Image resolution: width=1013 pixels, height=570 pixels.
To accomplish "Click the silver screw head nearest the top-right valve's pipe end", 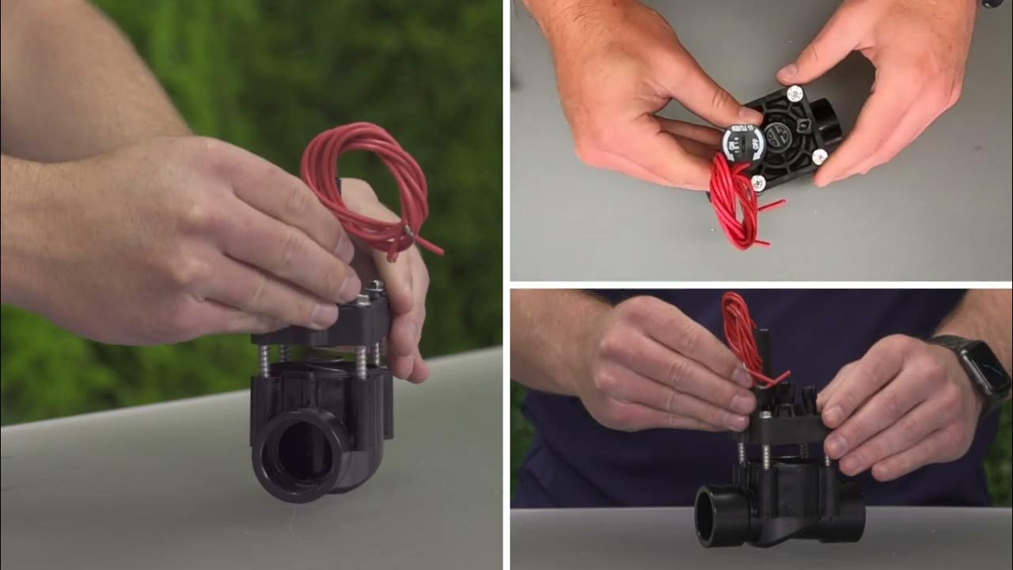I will pyautogui.click(x=820, y=156).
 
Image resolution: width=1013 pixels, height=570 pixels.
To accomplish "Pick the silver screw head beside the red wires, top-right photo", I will pyautogui.click(x=758, y=184).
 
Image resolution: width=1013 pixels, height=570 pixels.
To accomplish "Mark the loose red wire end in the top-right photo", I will pyautogui.click(x=776, y=205).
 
